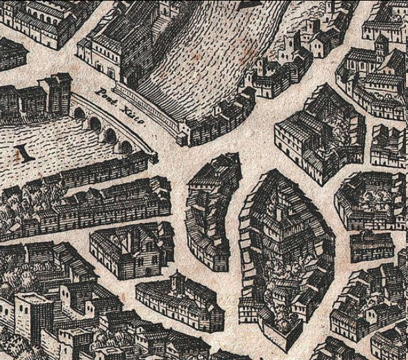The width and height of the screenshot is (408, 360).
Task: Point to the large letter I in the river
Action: (25, 154)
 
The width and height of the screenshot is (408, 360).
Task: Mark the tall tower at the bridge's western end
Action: (58, 93)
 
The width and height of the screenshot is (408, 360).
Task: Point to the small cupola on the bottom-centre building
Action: (176, 280)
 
